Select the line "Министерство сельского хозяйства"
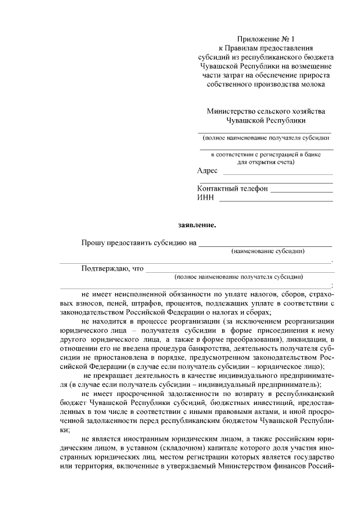coord(266,111)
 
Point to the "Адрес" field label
coord(207,171)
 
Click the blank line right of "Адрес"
coord(278,174)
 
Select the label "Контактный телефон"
coord(232,188)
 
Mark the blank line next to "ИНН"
coord(276,200)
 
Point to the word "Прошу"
coord(93,243)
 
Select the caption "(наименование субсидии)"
coord(268,251)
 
